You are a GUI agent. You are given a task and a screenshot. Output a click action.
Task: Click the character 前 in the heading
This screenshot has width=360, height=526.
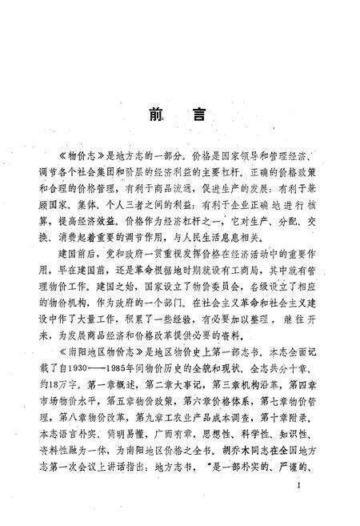click(156, 114)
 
